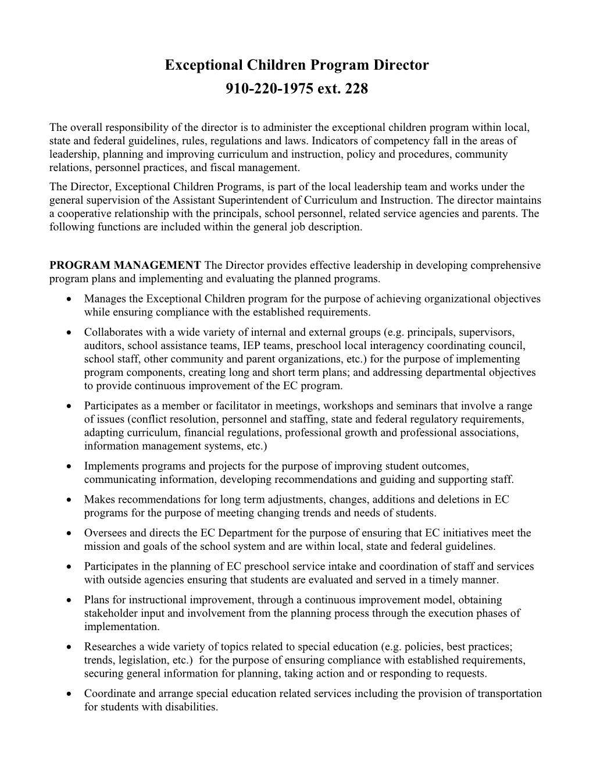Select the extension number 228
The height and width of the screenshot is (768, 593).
pyautogui.click(x=356, y=90)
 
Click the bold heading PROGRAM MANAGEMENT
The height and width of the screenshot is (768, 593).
pyautogui.click(x=126, y=265)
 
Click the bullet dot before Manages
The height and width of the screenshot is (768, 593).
pyautogui.click(x=70, y=299)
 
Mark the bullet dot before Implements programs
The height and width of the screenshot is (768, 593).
pyautogui.click(x=70, y=467)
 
